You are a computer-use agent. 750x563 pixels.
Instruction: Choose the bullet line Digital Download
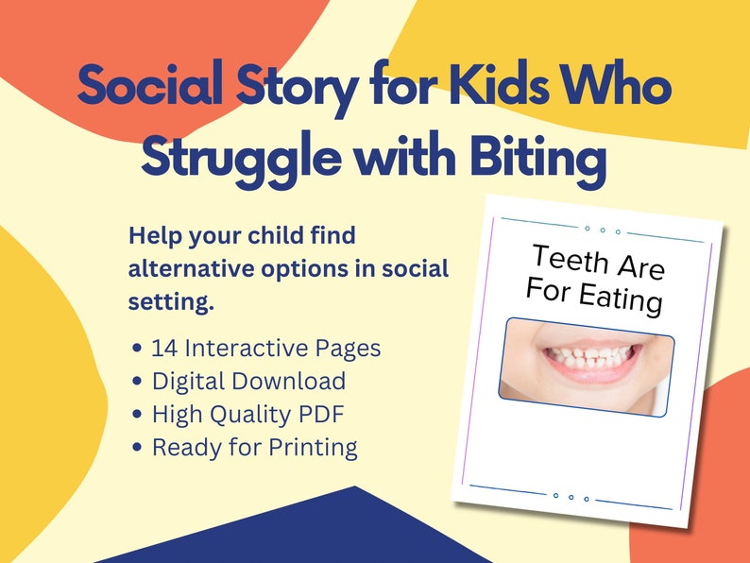(x=247, y=381)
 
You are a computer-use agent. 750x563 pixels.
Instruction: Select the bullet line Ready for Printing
(x=254, y=447)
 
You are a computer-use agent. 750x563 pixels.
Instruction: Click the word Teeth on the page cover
(x=570, y=258)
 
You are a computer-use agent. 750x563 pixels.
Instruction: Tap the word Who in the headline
(x=624, y=88)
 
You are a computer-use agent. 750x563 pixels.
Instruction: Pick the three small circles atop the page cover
(x=602, y=229)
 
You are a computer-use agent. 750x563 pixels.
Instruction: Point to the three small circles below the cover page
(x=570, y=496)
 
